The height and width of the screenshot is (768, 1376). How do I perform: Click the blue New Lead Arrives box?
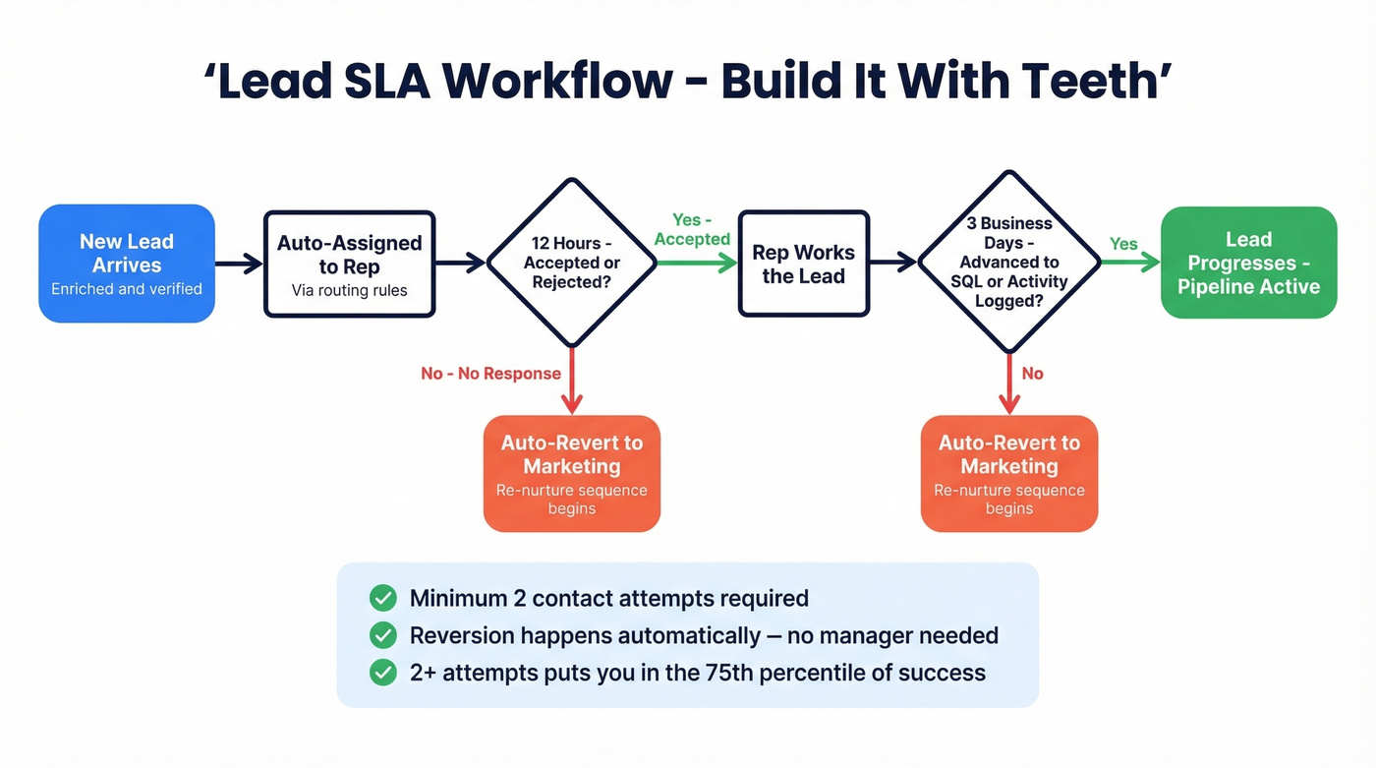coord(127,263)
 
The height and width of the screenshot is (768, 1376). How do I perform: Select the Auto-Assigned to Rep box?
coord(349,264)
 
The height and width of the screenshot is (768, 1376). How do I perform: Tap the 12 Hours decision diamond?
coord(571,263)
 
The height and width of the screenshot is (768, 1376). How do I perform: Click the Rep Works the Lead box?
coord(803,264)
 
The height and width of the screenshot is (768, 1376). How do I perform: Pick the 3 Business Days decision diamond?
coord(1008,262)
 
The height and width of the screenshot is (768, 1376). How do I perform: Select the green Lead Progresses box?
coord(1248,263)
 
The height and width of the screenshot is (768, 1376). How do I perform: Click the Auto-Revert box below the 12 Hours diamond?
coord(571,473)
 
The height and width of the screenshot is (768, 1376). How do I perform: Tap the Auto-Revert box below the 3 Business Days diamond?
coord(1008,473)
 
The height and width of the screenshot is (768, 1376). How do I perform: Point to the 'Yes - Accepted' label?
coord(692,229)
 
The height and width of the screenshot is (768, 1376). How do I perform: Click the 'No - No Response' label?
coord(490,374)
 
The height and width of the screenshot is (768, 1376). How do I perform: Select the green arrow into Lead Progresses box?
coord(1129,263)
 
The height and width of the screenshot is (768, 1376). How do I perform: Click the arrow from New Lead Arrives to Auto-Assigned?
coord(239,263)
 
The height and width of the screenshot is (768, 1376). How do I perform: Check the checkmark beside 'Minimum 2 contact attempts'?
coord(382,598)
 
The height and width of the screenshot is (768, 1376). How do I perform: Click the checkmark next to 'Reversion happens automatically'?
coord(382,635)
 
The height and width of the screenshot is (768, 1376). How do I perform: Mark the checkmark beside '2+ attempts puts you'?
coord(382,673)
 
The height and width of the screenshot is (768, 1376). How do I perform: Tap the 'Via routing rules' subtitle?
coord(349,290)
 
